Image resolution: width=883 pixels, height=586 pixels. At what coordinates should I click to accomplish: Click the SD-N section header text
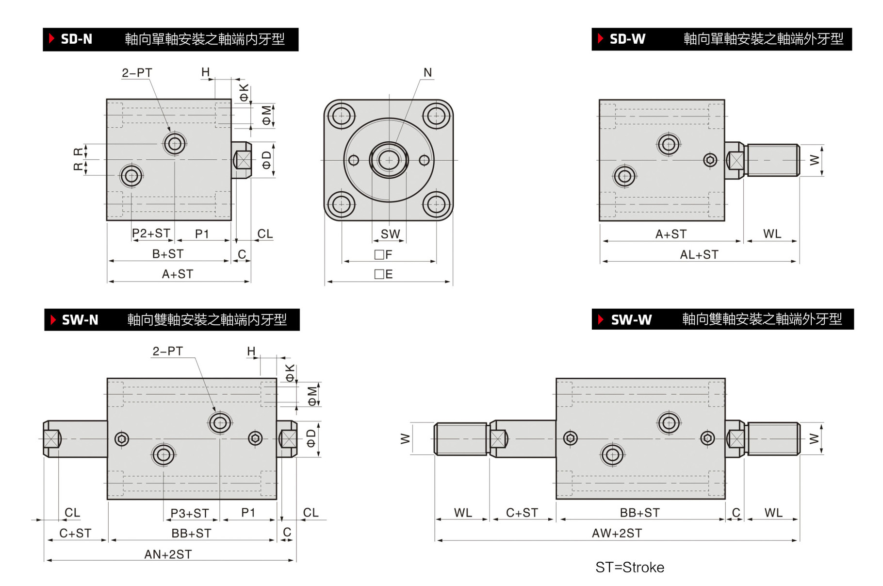(x=76, y=39)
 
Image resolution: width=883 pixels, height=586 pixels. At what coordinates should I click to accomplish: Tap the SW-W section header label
(x=631, y=319)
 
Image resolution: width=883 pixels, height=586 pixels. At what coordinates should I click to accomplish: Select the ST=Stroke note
(x=629, y=567)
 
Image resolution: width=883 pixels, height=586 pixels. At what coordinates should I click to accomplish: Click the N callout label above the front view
(x=427, y=73)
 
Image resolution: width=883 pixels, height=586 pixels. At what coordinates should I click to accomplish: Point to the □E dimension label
(x=383, y=274)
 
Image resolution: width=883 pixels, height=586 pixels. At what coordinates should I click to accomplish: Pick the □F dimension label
(x=383, y=254)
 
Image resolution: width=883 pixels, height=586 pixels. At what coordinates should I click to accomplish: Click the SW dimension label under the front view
(x=390, y=234)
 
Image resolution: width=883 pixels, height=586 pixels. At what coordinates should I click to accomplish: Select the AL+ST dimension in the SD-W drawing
(x=699, y=254)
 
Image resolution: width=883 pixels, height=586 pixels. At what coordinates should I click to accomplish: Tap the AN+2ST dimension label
(x=168, y=554)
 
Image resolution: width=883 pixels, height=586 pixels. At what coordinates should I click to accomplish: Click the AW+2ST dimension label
(x=617, y=533)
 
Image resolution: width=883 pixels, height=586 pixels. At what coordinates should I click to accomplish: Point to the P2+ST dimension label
(x=151, y=234)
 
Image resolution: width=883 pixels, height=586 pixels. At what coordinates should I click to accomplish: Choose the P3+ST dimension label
(x=189, y=513)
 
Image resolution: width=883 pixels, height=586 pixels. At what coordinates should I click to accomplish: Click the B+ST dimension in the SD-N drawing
(x=168, y=254)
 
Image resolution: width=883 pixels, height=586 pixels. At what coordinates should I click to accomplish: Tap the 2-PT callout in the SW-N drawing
(x=167, y=351)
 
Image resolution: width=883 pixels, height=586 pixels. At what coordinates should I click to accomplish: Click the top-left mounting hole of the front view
(x=341, y=116)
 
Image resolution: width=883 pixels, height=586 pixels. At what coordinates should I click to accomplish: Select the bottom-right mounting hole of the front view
(x=436, y=204)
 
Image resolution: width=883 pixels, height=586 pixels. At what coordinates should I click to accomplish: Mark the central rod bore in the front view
(x=389, y=160)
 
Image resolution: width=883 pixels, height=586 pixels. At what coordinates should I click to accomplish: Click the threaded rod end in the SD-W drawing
(x=772, y=160)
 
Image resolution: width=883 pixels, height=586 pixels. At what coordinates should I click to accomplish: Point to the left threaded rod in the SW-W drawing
(x=460, y=438)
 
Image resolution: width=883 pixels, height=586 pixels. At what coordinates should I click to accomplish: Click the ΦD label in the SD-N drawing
(x=267, y=160)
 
